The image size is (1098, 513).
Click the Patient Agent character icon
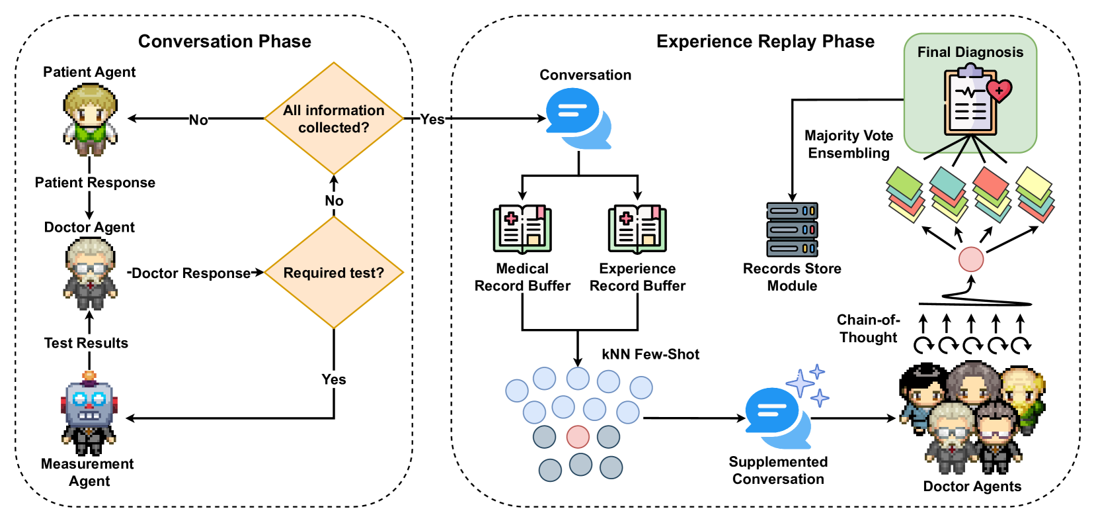point(90,119)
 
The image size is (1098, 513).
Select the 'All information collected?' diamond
point(334,119)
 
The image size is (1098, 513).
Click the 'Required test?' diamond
point(334,273)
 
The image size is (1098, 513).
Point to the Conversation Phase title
point(225,41)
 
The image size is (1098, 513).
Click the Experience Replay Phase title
point(765,41)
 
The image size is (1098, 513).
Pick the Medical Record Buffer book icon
point(522,229)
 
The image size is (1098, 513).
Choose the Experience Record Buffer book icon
point(637,229)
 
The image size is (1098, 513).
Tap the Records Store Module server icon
point(792,230)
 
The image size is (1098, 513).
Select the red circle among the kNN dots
point(578,437)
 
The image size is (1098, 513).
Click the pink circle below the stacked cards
point(971,259)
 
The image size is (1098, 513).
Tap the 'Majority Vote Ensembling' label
point(849,144)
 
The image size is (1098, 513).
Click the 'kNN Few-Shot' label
point(650,354)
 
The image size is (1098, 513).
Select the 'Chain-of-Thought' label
point(868,328)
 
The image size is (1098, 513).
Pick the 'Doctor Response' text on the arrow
point(191,273)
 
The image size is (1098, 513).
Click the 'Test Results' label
point(86,343)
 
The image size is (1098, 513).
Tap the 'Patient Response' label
point(95,183)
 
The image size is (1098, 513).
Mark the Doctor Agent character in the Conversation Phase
point(91,273)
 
